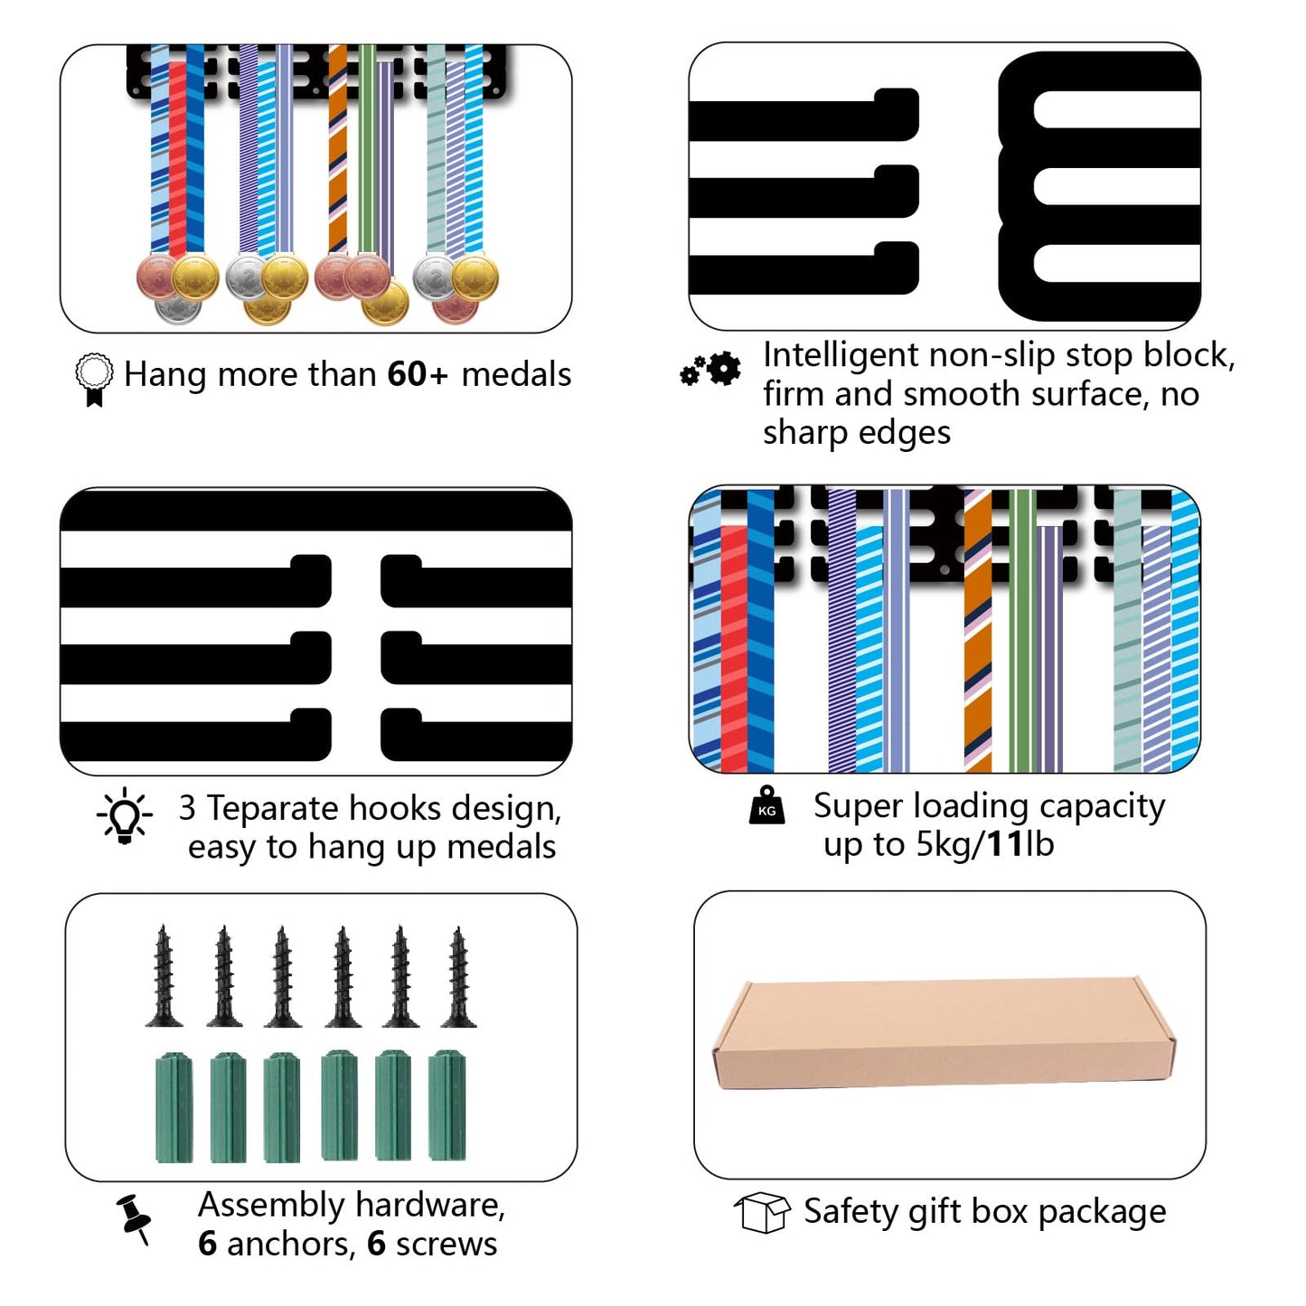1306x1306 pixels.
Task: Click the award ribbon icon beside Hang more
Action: pos(93,379)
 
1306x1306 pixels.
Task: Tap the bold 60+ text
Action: pos(418,374)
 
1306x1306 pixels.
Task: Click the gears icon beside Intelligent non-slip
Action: pos(710,370)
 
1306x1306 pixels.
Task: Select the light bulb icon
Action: pos(125,815)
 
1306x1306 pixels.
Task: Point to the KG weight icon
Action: pos(767,805)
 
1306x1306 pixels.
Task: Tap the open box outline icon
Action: pos(763,1213)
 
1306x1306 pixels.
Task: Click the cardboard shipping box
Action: pos(944,1033)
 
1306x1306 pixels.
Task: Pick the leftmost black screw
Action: pos(164,976)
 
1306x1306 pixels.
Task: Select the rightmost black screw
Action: pos(459,977)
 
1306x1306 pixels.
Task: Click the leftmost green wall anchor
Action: pos(174,1107)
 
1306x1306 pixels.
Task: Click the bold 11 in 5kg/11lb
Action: pos(1004,844)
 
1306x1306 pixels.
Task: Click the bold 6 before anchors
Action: pos(207,1244)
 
